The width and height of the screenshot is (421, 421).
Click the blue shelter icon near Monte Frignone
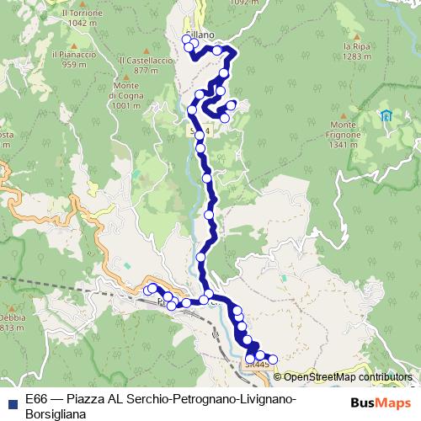(x=386, y=115)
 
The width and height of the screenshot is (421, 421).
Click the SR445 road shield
(x=257, y=365)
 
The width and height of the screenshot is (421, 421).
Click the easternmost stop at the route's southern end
(x=272, y=360)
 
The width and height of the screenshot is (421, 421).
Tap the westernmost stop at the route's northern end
(x=186, y=39)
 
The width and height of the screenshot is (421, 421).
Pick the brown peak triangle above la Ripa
(x=358, y=35)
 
